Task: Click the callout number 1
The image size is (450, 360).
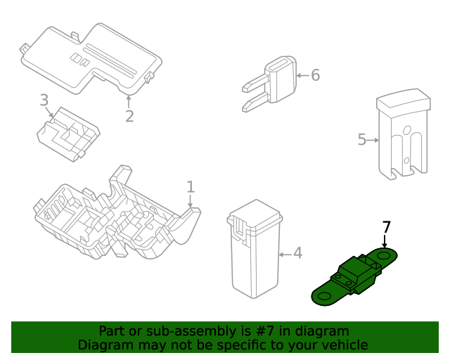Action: click(x=190, y=186)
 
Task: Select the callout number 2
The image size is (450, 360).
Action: click(x=129, y=116)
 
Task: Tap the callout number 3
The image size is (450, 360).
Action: click(x=44, y=100)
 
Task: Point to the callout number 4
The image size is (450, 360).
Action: click(x=297, y=252)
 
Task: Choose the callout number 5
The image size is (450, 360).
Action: click(x=362, y=140)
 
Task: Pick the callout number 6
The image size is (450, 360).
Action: click(x=315, y=75)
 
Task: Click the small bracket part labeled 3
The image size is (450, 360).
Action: click(x=68, y=134)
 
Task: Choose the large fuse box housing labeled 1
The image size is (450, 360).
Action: click(x=112, y=218)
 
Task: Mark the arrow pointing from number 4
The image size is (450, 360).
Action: click(x=285, y=253)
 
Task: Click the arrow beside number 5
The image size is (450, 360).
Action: click(x=373, y=141)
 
